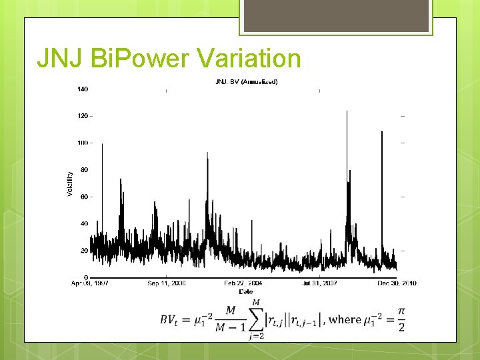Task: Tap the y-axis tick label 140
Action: coord(83,89)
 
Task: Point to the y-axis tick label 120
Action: coord(83,116)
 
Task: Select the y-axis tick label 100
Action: coord(83,143)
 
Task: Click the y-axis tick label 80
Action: coord(84,170)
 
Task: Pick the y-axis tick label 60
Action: coord(84,197)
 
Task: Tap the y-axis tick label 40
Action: coord(84,224)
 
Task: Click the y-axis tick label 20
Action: coord(84,251)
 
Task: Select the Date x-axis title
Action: coord(246,291)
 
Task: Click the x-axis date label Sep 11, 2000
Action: coord(167,283)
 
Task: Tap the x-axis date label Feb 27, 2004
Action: coord(243,283)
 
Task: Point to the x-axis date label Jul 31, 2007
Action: coord(321,283)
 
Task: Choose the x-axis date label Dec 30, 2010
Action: coord(397,283)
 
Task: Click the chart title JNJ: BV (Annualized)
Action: coord(246,82)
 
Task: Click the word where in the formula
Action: coord(345,319)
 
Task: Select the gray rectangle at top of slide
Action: coord(335,15)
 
